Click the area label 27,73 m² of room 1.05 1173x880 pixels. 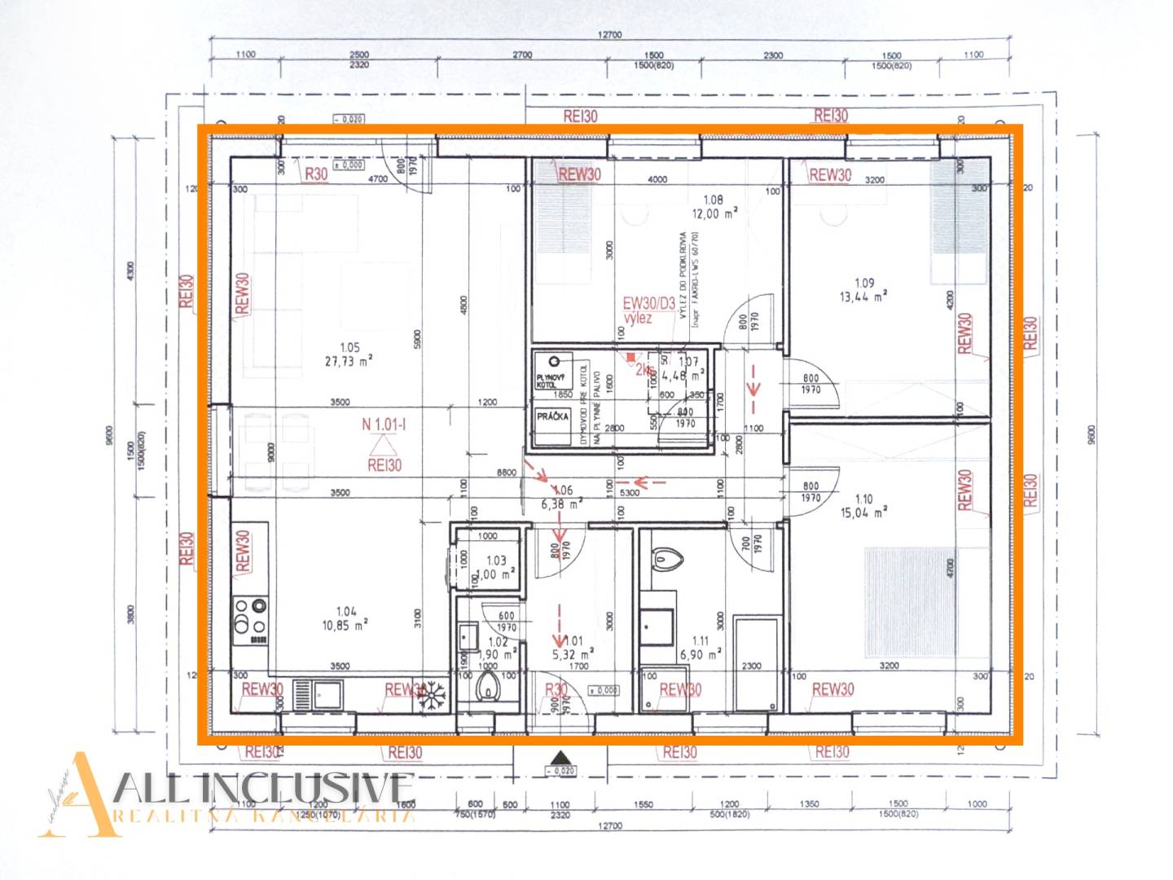coord(349,361)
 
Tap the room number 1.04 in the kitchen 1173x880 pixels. coord(346,611)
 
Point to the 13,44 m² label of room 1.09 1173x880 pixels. coord(863,297)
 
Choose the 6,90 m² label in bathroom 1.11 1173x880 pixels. coord(701,655)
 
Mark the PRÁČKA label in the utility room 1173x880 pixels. coord(552,416)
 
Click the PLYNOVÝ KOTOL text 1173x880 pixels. coord(550,381)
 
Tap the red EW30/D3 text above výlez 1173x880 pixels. coord(648,304)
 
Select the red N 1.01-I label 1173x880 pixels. coord(384,425)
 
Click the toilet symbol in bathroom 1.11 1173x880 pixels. coord(667,559)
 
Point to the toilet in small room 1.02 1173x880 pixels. coord(488,689)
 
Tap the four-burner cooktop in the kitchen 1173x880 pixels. coord(250,616)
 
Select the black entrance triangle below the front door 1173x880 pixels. coord(560,756)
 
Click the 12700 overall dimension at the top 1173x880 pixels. coord(609,35)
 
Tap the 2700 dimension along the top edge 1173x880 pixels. coord(522,55)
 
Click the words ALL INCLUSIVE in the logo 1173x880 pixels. coord(265,788)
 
